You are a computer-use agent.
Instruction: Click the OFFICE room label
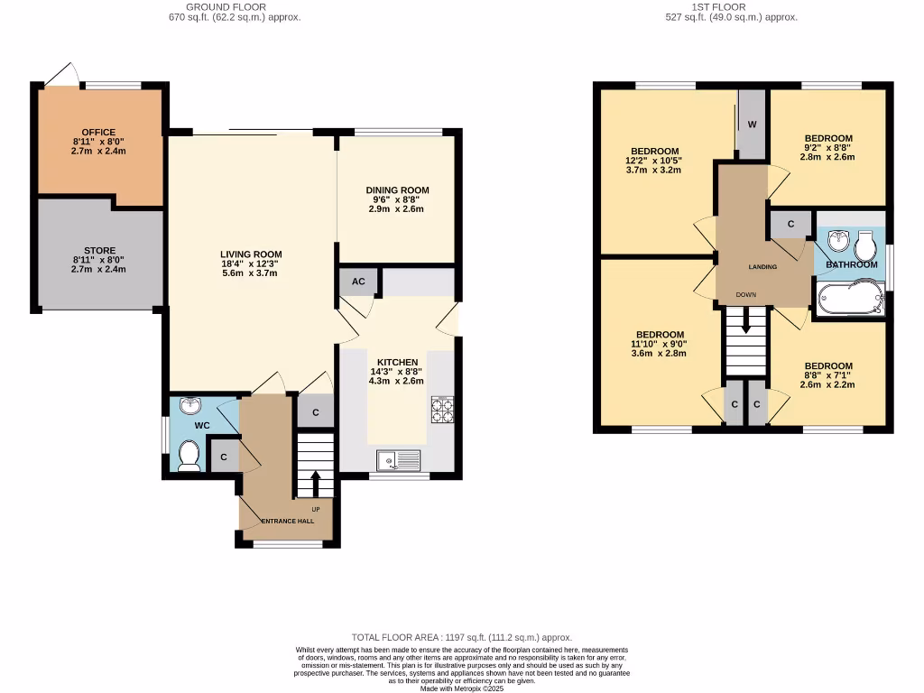(99, 133)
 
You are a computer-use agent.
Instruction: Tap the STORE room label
(99, 251)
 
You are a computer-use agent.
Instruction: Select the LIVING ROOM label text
(252, 254)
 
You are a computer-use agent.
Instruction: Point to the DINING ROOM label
(397, 190)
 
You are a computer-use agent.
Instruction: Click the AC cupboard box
(358, 282)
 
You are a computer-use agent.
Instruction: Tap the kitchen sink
(398, 461)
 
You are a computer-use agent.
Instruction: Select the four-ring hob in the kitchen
(442, 410)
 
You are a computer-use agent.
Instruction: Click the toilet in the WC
(189, 456)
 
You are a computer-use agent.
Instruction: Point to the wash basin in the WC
(190, 407)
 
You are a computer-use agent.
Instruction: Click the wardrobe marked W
(751, 125)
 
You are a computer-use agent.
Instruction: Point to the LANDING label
(762, 267)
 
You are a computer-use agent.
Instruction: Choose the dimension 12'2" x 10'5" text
(655, 161)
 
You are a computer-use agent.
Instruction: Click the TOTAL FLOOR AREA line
(461, 637)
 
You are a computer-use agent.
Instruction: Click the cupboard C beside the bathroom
(790, 224)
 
